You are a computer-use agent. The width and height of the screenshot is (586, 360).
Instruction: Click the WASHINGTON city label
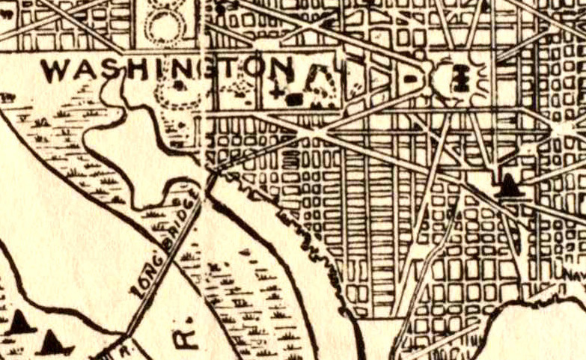click(x=167, y=71)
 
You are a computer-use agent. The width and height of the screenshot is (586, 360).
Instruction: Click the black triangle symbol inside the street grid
click(x=509, y=184)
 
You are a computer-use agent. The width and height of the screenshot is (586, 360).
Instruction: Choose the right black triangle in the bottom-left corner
click(x=54, y=342)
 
